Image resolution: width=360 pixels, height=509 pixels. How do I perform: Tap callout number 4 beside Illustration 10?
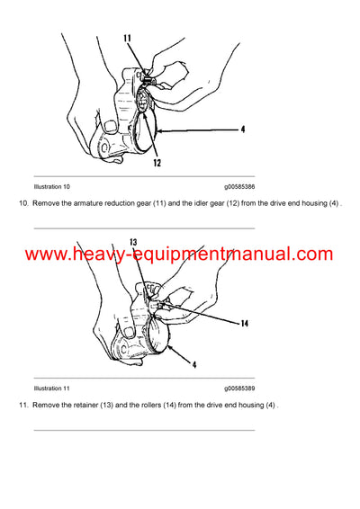pos(242,129)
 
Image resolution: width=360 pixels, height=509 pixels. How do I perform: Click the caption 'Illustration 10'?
pos(51,186)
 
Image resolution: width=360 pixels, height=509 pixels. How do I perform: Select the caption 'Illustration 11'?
pos(51,388)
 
